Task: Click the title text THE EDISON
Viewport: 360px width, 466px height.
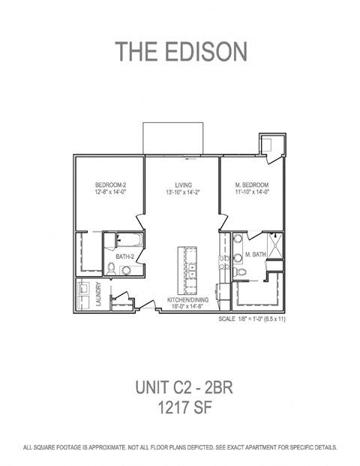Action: (180, 52)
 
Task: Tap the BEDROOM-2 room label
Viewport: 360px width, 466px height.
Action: (109, 185)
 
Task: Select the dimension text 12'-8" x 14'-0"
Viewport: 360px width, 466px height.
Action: (109, 192)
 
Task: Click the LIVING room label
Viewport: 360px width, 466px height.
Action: (183, 185)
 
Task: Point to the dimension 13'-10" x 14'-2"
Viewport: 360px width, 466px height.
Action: (183, 192)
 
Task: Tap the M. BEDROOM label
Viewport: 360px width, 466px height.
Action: (252, 185)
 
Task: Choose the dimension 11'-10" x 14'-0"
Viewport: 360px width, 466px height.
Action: (252, 192)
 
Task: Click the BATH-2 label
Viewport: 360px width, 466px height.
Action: (124, 257)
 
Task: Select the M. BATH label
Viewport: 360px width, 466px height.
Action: (256, 255)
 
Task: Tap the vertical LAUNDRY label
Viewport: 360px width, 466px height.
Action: (98, 294)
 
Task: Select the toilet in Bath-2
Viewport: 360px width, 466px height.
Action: (111, 267)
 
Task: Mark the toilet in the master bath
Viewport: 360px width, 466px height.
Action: (237, 270)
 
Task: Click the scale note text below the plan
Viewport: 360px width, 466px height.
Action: (252, 319)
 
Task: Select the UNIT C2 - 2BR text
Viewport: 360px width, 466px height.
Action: (180, 387)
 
